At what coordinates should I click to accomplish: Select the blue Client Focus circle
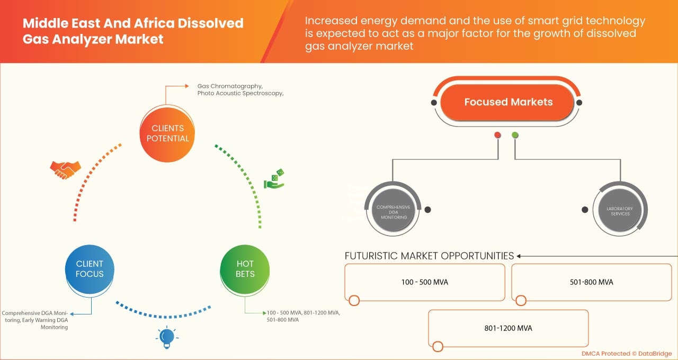pyautogui.click(x=90, y=268)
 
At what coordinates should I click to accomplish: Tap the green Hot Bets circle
pyautogui.click(x=245, y=268)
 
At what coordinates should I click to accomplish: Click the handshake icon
pyautogui.click(x=65, y=169)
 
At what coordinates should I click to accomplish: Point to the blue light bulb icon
pyautogui.click(x=167, y=337)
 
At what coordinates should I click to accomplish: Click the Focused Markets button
pyautogui.click(x=508, y=102)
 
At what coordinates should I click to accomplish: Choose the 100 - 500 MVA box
pyautogui.click(x=424, y=282)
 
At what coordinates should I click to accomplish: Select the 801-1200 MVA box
pyautogui.click(x=508, y=328)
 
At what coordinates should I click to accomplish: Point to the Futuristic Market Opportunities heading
pyautogui.click(x=429, y=256)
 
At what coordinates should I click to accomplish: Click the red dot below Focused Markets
pyautogui.click(x=497, y=136)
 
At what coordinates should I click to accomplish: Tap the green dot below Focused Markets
pyautogui.click(x=515, y=136)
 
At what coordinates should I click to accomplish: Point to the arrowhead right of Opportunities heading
pyautogui.click(x=520, y=256)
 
